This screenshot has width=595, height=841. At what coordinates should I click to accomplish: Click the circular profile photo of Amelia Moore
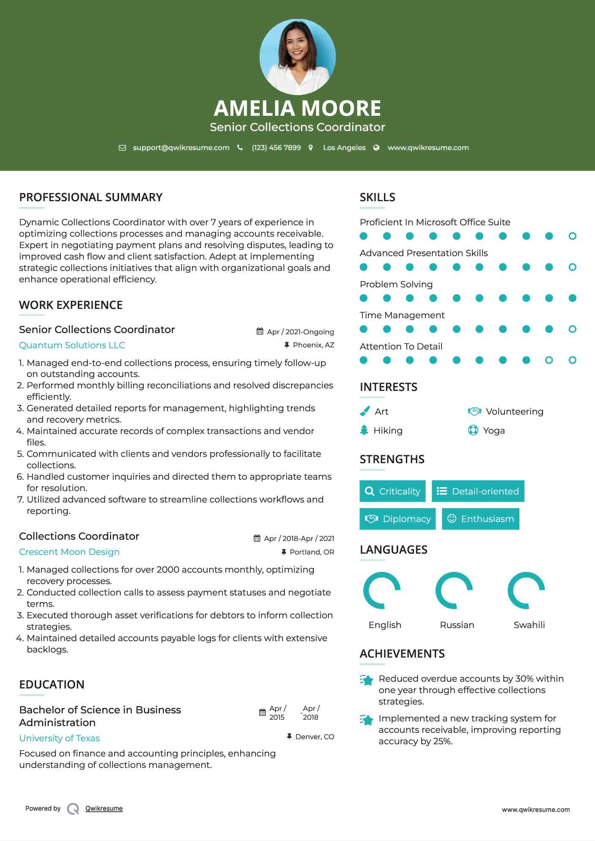coord(297,57)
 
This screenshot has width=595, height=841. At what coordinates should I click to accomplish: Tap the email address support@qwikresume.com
coord(181,147)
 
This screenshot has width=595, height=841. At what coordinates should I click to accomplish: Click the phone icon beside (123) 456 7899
coord(240,147)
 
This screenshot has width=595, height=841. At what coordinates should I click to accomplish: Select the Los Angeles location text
coord(344,147)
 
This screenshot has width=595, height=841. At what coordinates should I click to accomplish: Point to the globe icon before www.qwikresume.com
coord(376,147)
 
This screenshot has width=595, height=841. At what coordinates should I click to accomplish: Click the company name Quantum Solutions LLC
coord(72,345)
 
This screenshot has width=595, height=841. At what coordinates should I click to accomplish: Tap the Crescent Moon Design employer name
coord(69,552)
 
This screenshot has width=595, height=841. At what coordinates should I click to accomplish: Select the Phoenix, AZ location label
coord(313,345)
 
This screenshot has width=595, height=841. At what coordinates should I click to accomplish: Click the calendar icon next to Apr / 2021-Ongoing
coord(260,331)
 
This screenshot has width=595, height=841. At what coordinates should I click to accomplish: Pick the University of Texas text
coord(59,738)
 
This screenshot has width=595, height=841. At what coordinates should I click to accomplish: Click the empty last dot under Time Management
coord(572,329)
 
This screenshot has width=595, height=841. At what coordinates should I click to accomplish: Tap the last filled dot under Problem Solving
coord(572,298)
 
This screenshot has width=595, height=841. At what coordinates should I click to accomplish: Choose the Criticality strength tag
coord(392,491)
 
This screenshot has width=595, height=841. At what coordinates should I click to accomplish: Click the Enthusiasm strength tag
coord(480,519)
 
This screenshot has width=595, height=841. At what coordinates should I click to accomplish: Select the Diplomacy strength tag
coord(398,519)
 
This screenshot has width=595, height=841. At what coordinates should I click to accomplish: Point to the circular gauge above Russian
coord(454,590)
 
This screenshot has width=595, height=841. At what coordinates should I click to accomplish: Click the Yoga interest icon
coord(473,430)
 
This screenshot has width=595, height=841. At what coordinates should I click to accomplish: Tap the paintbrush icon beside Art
coord(365,411)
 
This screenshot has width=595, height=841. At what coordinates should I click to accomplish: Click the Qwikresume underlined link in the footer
coord(104,808)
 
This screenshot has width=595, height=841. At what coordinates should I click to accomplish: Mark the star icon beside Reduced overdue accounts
coord(367,680)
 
